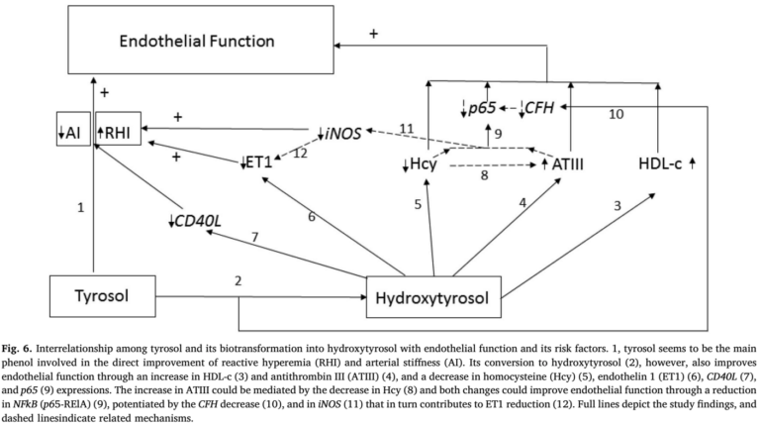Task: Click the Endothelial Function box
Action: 198,42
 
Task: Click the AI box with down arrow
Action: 72,132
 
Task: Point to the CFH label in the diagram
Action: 539,107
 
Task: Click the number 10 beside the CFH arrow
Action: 616,115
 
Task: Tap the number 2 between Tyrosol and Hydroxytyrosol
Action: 237,281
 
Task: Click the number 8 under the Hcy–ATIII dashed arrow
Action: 485,177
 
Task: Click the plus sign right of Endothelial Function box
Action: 374,34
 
